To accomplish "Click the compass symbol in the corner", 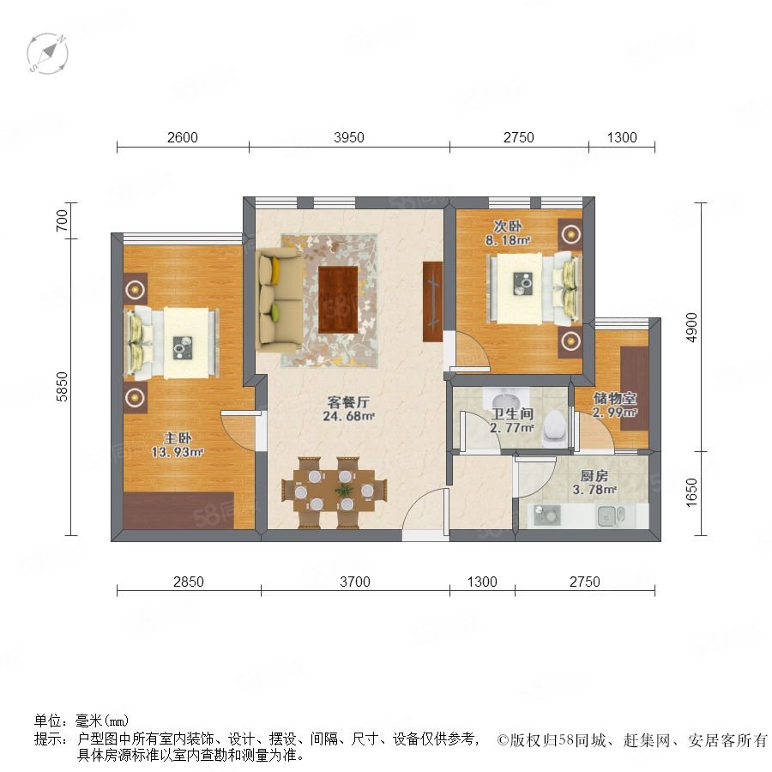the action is click(47, 53).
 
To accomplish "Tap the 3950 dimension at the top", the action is click(348, 137).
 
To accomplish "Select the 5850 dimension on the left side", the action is click(62, 387).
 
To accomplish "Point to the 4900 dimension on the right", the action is click(691, 328).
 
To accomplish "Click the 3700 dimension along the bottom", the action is click(354, 582).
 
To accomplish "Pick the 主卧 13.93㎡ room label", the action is click(178, 444).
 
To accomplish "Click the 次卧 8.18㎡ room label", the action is click(508, 233).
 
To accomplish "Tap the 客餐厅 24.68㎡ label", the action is click(348, 409).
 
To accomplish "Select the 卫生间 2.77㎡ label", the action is click(512, 420).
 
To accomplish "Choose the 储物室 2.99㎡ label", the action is click(614, 405).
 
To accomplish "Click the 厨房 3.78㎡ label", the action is click(594, 482).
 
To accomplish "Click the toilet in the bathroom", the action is click(554, 426).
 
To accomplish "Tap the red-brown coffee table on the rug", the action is click(338, 299).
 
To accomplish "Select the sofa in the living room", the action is click(278, 299).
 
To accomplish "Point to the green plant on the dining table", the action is click(344, 491).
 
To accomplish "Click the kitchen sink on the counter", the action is click(611, 516).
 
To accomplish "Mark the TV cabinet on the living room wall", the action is click(432, 302).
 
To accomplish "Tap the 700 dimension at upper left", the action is click(62, 220).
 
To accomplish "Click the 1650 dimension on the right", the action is click(691, 492).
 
